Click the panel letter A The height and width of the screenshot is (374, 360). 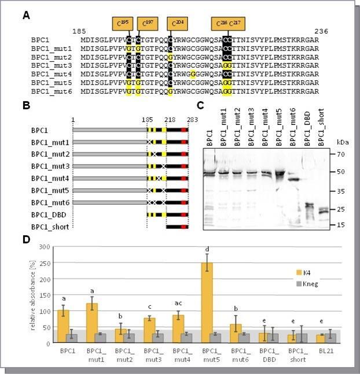(x=26, y=16)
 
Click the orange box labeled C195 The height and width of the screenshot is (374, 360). (x=122, y=23)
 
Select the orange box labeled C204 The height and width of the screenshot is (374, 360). (x=177, y=23)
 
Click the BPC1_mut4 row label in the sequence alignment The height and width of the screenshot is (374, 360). (x=52, y=74)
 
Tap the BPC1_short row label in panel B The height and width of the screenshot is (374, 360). (x=50, y=227)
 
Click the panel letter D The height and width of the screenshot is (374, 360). (x=26, y=239)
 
